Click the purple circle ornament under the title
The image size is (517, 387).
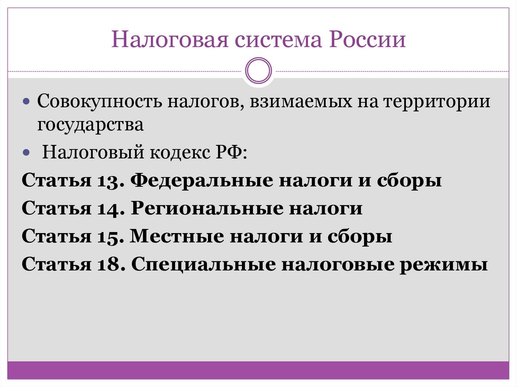click(258, 70)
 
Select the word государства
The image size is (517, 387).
click(90, 125)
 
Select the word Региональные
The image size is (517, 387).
click(211, 208)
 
